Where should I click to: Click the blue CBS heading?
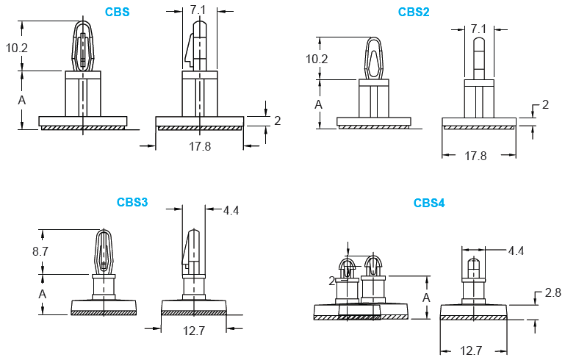coord(118,12)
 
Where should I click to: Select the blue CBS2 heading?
coord(414,12)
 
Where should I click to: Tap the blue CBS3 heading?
coord(132,202)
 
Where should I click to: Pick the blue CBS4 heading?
coord(429,203)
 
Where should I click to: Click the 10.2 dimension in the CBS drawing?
coord(17,48)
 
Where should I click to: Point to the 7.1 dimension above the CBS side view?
coord(198,10)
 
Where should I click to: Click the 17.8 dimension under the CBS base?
coord(200,146)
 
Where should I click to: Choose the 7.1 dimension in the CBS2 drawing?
coord(478,29)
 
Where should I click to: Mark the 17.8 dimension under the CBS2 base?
coord(476,156)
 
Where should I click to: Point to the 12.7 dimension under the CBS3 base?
coord(193,331)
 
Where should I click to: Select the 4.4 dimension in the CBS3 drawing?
coord(231,210)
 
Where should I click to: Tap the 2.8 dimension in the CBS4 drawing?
coord(553,292)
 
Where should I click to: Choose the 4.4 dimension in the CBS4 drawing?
coord(516,251)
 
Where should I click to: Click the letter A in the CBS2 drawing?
coord(318,104)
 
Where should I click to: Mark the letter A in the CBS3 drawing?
coord(42,293)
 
